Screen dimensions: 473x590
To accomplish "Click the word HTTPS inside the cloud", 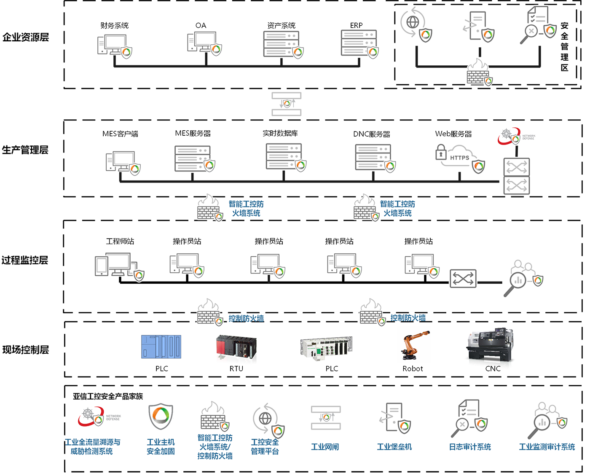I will pos(459,158).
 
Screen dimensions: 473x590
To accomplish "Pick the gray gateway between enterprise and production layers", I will pos(287,104).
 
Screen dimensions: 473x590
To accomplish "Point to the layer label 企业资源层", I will pos(25,37).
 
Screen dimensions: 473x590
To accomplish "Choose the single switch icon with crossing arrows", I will pos(463,279).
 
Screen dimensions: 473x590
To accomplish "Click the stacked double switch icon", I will pos(516,176).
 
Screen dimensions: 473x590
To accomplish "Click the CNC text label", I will pos(493,369).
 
